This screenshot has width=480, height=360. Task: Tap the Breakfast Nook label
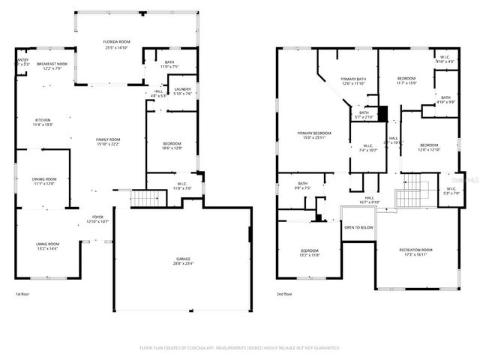point(52,64)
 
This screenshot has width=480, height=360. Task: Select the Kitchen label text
point(43,120)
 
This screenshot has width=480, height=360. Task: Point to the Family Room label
point(108,139)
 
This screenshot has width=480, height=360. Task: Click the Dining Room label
point(44,179)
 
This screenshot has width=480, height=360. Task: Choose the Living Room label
point(47,244)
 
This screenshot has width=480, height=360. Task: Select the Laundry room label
point(183,89)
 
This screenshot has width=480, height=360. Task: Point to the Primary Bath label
point(353,79)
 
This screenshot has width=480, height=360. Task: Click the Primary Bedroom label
point(316,133)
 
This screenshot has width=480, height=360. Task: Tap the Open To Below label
point(358,227)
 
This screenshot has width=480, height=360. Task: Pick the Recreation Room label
point(415,250)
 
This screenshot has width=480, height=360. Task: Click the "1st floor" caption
point(22,294)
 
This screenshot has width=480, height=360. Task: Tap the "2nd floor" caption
point(284,294)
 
